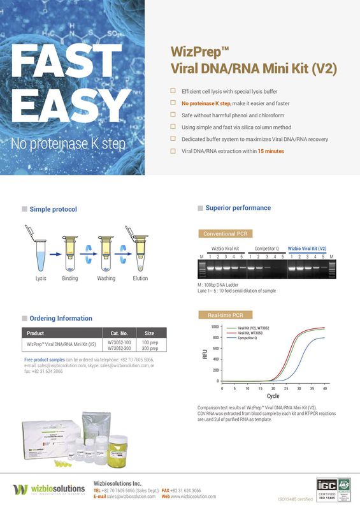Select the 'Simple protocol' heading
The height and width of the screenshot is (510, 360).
click(53, 209)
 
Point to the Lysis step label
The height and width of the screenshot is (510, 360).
click(41, 279)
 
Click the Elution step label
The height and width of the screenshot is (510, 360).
click(140, 279)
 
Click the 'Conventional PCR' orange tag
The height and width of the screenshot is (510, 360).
click(219, 233)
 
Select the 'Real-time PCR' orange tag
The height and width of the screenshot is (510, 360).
click(220, 315)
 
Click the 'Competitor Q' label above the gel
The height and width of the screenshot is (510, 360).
click(266, 248)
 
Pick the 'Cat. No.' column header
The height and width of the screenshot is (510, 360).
click(119, 333)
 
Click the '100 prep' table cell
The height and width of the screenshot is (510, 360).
click(149, 343)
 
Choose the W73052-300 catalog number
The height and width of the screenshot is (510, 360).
click(119, 349)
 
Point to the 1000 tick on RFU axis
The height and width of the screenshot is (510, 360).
click(215, 326)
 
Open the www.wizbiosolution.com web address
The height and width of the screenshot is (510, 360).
click(193, 496)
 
